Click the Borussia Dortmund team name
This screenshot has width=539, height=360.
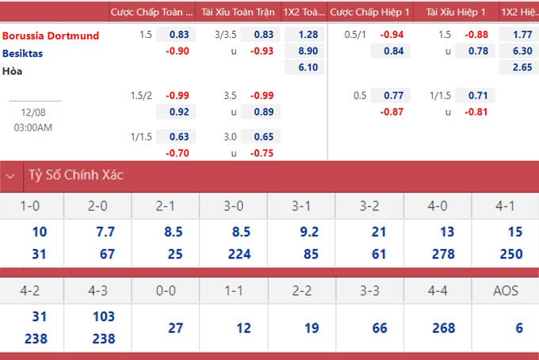pos(51,36)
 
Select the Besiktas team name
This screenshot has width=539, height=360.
pos(23,53)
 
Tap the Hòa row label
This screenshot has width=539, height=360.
pos(13,71)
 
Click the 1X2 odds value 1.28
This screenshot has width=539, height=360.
pos(308,34)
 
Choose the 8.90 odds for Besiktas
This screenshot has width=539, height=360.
pos(308,51)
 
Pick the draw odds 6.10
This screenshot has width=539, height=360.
pos(308,67)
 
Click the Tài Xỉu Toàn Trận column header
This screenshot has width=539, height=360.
pos(238,12)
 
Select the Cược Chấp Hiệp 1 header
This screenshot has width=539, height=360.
pos(369,12)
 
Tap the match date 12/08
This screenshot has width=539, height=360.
pos(33,113)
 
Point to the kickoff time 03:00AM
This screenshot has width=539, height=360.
pos(33,128)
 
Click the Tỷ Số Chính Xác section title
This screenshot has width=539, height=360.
pos(76,175)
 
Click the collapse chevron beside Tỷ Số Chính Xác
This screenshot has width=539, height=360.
pos(10,176)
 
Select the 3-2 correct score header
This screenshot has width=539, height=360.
pos(369,206)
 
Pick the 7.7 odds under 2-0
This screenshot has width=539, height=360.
pos(105,232)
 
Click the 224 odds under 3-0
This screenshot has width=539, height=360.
pos(239,254)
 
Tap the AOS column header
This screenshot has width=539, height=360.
pos(506,291)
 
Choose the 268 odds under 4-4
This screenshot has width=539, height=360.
pos(444,328)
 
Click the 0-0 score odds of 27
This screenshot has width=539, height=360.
pos(175,328)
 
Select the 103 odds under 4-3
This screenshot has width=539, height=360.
pos(104,316)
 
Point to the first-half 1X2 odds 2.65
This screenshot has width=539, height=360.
pos(522,67)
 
